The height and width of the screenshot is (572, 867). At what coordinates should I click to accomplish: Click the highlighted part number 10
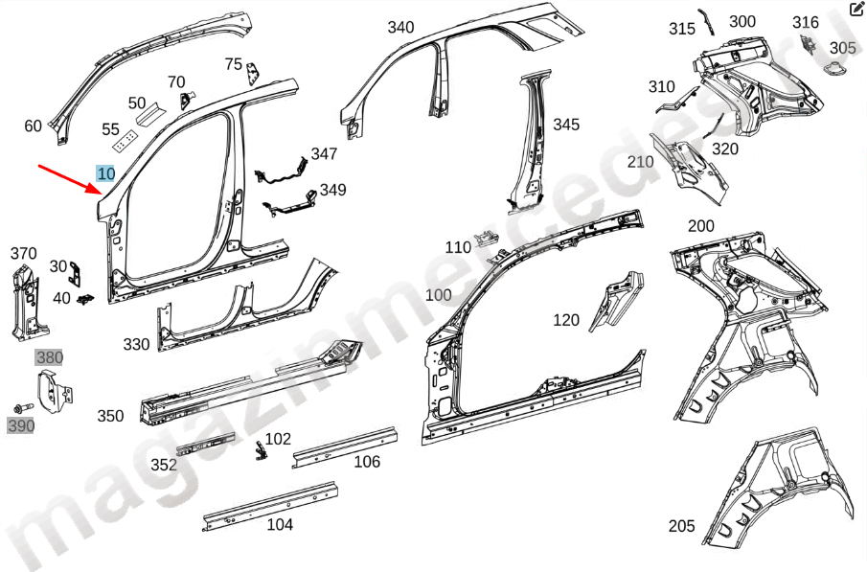pos(105,173)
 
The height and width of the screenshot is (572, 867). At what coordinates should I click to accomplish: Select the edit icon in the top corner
pos(856,11)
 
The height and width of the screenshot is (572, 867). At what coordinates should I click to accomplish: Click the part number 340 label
pos(400,27)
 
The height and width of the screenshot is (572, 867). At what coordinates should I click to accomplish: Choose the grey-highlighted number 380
pos(48,357)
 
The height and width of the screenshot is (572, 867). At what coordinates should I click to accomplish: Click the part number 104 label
pos(280,524)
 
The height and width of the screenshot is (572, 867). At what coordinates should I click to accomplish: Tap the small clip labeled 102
pos(259,449)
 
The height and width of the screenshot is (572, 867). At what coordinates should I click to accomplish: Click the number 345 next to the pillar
pos(566,125)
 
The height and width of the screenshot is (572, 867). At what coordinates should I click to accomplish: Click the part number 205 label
pos(681,526)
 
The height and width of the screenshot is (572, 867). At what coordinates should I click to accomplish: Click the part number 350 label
pos(110,416)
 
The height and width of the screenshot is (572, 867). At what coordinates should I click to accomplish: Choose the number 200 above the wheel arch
pos(701,226)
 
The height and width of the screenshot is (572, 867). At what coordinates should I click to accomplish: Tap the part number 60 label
pos(34,126)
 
